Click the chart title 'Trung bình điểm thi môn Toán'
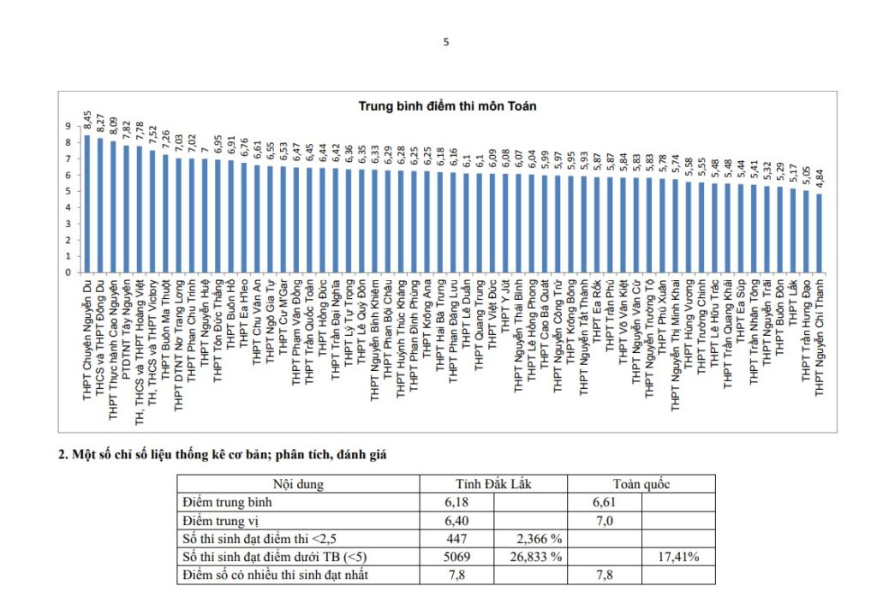(446, 105)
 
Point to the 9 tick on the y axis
(68, 126)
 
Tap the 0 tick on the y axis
(68, 272)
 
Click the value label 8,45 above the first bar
(87, 119)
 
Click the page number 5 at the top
(446, 41)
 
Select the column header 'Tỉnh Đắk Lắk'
(493, 484)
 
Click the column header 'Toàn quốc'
(641, 484)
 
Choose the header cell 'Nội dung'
(297, 484)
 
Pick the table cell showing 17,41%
(677, 557)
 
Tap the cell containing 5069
(456, 557)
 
